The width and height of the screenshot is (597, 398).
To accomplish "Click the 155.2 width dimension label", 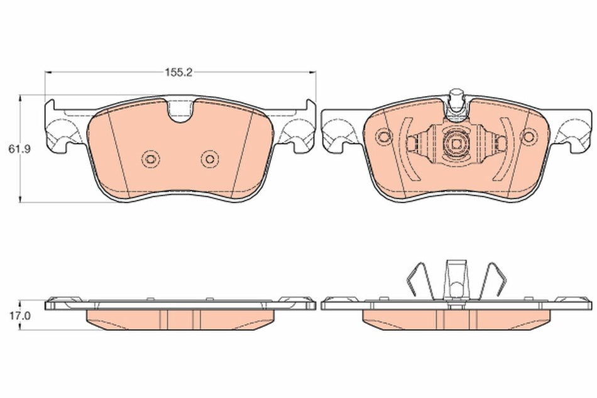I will tap(178, 72).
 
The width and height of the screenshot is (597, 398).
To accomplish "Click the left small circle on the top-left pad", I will tap(149, 158).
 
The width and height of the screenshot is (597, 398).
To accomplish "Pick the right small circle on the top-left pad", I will tap(209, 158).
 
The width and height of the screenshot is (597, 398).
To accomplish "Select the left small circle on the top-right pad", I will tap(382, 135).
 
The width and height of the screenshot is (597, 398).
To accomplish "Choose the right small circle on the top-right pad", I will tap(529, 135).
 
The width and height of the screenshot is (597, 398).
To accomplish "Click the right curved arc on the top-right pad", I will tap(508, 150).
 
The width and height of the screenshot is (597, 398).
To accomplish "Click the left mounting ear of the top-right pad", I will tap(337, 130).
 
